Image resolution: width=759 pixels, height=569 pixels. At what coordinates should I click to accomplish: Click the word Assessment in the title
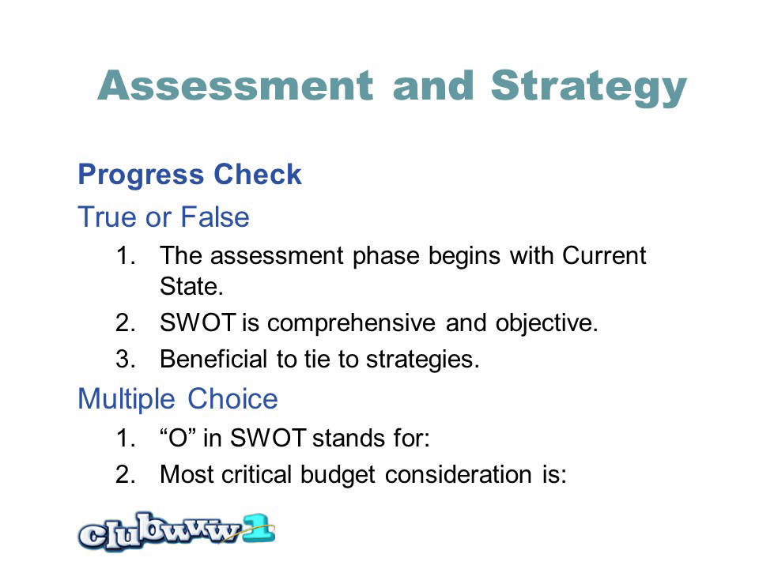click(x=236, y=85)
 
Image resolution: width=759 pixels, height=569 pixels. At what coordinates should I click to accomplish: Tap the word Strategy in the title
click(x=588, y=88)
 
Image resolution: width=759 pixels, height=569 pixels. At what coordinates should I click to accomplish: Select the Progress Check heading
click(x=190, y=174)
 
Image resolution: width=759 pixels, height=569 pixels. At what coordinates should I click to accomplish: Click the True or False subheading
click(x=164, y=217)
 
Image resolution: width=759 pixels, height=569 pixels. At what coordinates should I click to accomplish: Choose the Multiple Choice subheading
click(x=178, y=398)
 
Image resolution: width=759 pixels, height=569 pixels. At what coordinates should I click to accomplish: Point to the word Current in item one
click(x=604, y=255)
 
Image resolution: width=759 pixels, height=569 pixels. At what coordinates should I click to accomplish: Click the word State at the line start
click(x=191, y=286)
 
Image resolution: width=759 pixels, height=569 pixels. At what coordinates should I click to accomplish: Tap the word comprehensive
click(x=351, y=323)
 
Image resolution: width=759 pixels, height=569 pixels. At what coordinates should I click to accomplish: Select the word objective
click(x=547, y=323)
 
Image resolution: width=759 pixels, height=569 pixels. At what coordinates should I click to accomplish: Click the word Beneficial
click(x=213, y=359)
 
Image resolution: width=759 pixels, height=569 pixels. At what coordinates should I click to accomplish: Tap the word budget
click(x=338, y=475)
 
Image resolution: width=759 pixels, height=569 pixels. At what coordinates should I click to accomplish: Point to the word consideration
click(x=459, y=474)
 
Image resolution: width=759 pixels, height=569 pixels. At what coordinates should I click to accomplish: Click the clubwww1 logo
click(x=176, y=531)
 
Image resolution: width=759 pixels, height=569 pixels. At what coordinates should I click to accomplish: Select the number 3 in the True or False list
click(x=126, y=359)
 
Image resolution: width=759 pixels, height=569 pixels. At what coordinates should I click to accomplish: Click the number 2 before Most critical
click(x=126, y=474)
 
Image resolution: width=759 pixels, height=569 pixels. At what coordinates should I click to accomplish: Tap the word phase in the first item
click(x=386, y=256)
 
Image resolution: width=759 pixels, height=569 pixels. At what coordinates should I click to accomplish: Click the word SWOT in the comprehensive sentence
click(x=198, y=322)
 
